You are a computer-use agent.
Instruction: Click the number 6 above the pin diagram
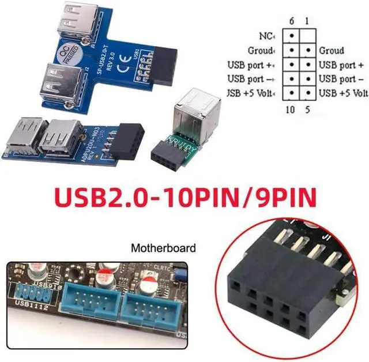[292, 21]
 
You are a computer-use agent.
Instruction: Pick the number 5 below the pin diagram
[308, 108]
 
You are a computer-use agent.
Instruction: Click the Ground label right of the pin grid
[332, 51]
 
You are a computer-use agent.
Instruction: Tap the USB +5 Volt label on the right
[344, 93]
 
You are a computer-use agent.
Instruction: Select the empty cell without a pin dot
[308, 36]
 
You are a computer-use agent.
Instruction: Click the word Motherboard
[163, 248]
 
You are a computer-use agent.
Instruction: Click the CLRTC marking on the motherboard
[159, 267]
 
